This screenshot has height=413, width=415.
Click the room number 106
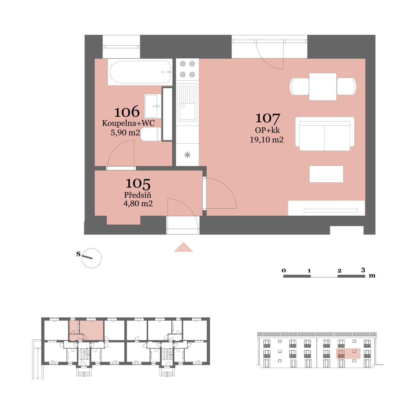pyautogui.click(x=127, y=111)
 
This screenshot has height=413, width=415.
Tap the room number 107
pyautogui.click(x=267, y=118)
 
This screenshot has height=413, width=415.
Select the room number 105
pyautogui.click(x=138, y=184)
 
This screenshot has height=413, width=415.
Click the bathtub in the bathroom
pyautogui.click(x=140, y=72)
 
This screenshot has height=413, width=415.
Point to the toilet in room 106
pyautogui.click(x=151, y=134)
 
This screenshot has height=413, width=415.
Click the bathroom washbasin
pyautogui.click(x=153, y=106)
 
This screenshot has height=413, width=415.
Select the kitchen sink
pyautogui.click(x=187, y=102)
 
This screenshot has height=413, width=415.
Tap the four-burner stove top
pyautogui.click(x=187, y=69)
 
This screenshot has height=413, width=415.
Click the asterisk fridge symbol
pyautogui.click(x=187, y=155)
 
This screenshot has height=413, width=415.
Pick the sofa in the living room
pyautogui.click(x=325, y=134)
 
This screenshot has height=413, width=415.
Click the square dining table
pyautogui.click(x=323, y=87)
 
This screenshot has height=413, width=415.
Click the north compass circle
pyautogui.click(x=92, y=258)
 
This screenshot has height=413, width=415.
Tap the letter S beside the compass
pyautogui.click(x=78, y=254)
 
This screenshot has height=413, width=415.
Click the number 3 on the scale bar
pyautogui.click(x=363, y=270)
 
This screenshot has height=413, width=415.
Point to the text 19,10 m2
pyautogui.click(x=267, y=140)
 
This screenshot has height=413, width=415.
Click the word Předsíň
pyautogui.click(x=138, y=195)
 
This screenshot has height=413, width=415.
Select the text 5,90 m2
pyautogui.click(x=125, y=132)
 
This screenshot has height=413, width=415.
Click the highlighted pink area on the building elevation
pyautogui.click(x=348, y=354)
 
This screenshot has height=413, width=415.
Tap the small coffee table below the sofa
pyautogui.click(x=326, y=174)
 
